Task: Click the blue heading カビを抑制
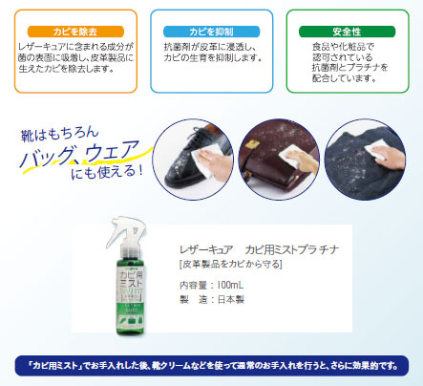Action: (211, 32)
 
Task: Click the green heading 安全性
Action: (349, 32)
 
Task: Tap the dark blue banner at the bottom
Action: (211, 363)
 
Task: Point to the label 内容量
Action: (193, 284)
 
